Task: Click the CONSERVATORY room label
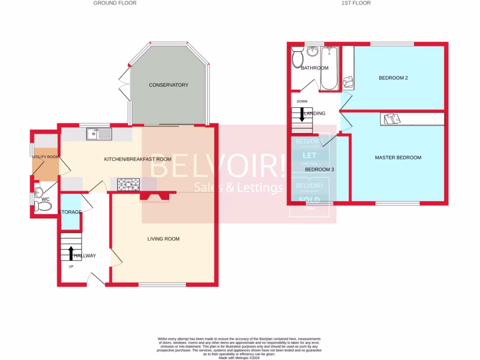click(x=168, y=85)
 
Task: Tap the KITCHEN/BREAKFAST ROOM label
click(x=137, y=159)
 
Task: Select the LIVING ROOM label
click(x=163, y=239)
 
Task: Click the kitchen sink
click(x=99, y=134)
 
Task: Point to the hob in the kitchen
click(x=128, y=185)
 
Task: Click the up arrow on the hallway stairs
click(x=71, y=253)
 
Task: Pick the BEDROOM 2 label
click(x=393, y=78)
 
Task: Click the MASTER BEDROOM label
click(x=398, y=157)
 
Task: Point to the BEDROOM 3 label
click(x=319, y=170)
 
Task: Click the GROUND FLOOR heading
click(x=115, y=3)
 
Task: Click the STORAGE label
click(x=70, y=212)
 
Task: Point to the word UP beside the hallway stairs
click(x=71, y=267)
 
